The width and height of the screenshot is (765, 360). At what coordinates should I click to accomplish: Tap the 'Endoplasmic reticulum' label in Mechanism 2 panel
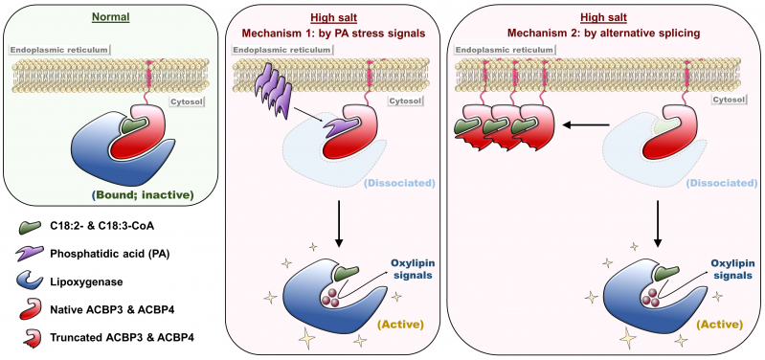[501, 48]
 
